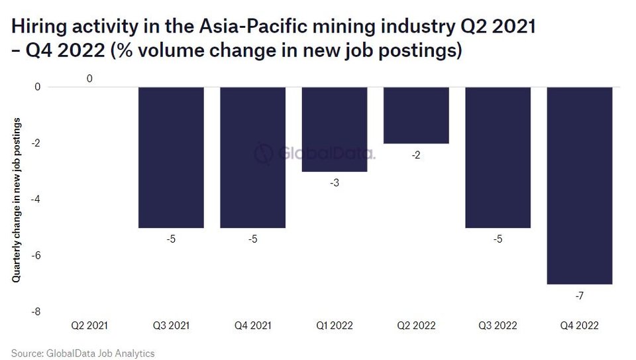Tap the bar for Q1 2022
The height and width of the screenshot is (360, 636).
click(335, 129)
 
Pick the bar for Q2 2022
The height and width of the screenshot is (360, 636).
click(416, 115)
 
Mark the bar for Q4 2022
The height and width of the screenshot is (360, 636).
click(580, 185)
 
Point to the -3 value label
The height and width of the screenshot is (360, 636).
click(335, 182)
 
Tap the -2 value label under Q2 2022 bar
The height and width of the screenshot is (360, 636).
click(416, 154)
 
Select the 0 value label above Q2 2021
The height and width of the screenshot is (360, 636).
click(89, 79)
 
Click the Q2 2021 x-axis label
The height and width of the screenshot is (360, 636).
click(89, 326)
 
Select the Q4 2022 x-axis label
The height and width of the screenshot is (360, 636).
click(580, 326)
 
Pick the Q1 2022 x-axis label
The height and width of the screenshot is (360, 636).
click(335, 326)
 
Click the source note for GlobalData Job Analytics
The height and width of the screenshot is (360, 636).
click(83, 353)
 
